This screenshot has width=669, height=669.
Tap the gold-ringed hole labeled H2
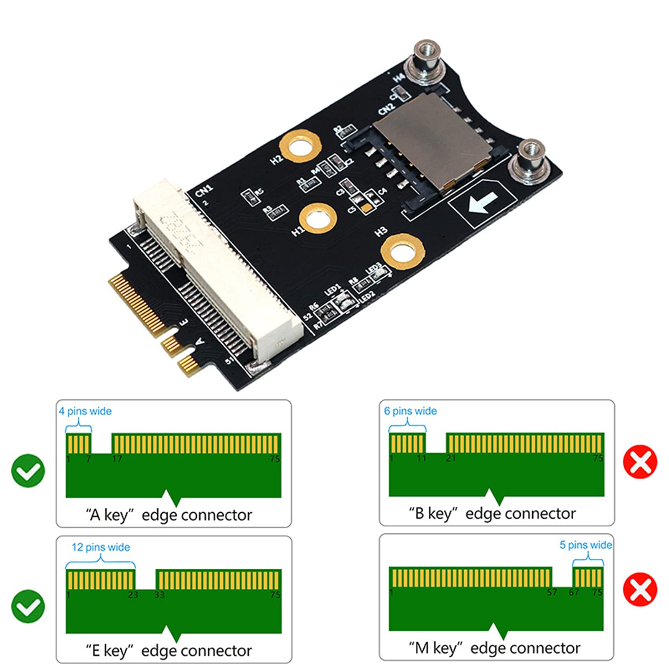300,147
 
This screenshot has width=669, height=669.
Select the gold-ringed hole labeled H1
318,219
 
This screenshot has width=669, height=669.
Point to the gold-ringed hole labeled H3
402,252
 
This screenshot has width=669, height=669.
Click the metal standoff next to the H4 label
425,63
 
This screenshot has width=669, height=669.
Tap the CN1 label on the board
204,191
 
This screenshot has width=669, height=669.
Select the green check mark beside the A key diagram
28,471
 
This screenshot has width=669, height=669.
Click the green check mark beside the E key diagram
28,606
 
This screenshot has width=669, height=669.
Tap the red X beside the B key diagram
640,462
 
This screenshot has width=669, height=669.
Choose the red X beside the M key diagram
640,589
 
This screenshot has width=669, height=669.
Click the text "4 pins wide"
85,411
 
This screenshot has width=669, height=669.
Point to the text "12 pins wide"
101,547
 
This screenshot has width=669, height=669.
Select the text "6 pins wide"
410,411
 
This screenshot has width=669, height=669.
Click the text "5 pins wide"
585,545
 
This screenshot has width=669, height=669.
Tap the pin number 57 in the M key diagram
552,592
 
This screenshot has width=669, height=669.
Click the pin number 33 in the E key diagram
160,595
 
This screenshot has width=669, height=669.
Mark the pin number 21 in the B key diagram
450,458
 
